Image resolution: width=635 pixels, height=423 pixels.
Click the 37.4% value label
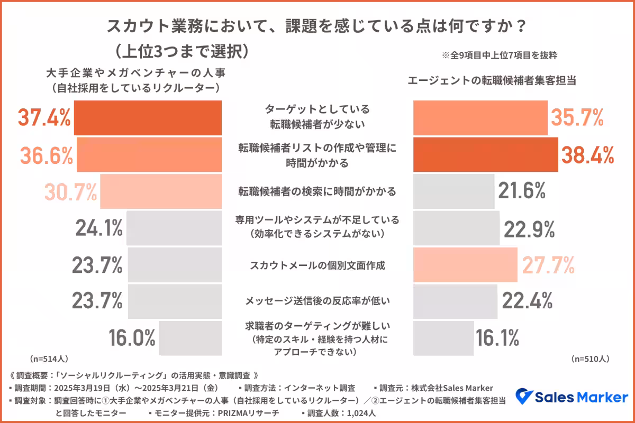point(44,117)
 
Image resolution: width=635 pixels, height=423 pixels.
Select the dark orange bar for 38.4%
point(485,154)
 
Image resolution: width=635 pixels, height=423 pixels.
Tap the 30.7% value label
point(71,191)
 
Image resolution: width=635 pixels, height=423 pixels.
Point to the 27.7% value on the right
point(548,264)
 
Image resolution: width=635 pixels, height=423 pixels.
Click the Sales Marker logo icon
point(523,397)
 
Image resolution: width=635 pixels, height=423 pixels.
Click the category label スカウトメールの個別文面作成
point(317,265)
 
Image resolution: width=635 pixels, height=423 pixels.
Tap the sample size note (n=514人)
point(49,358)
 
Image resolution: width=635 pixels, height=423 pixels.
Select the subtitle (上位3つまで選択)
point(181,51)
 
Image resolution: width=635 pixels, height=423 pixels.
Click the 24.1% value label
point(99,228)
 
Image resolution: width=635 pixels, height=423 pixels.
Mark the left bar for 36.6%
point(149,154)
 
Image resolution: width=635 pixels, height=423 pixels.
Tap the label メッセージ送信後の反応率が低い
point(317,301)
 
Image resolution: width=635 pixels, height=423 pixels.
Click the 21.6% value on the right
point(521,191)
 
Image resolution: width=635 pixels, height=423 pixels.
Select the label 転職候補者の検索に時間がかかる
point(317,191)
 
